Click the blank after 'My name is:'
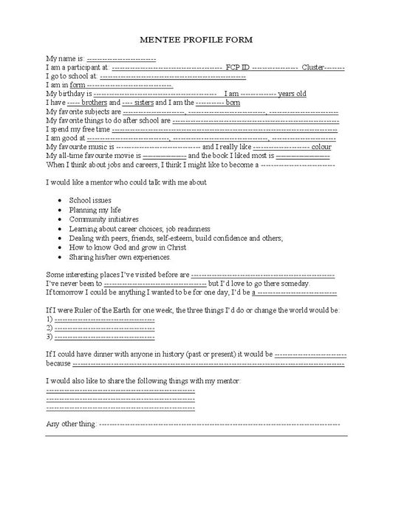(121, 58)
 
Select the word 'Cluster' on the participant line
(313, 67)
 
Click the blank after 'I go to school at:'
(173, 76)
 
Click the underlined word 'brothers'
(95, 103)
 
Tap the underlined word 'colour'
(321, 148)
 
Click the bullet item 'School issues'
(91, 200)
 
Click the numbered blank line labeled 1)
(103, 320)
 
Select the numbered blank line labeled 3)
(103, 337)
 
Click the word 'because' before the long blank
(58, 363)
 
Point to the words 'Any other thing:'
(70, 425)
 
